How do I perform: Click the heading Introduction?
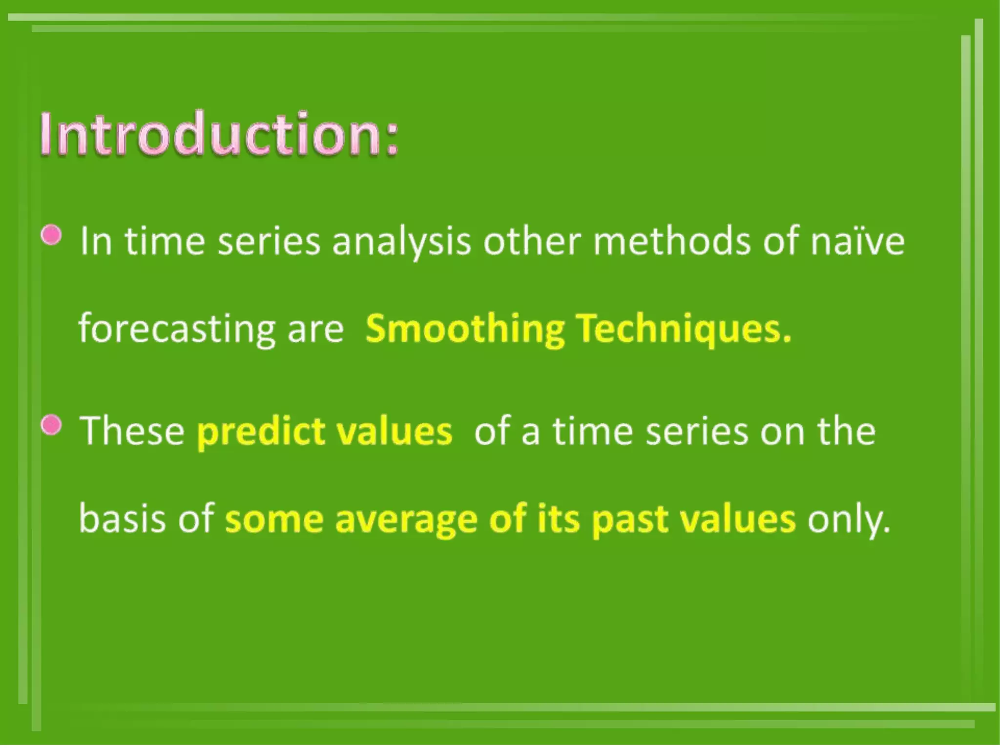click(x=219, y=134)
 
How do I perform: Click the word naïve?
click(x=857, y=241)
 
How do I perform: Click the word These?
click(x=132, y=431)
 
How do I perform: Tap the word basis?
click(x=122, y=519)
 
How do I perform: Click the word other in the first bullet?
click(x=532, y=241)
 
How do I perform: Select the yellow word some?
click(x=274, y=520)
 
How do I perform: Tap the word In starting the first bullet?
click(x=96, y=241)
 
